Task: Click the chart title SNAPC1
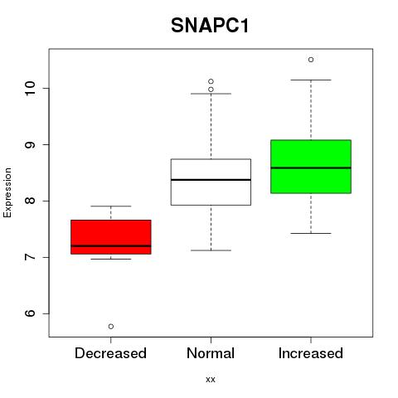pyautogui.click(x=210, y=26)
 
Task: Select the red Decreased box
pyautogui.click(x=111, y=237)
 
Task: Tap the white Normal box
pyautogui.click(x=211, y=182)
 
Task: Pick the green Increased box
pyautogui.click(x=311, y=167)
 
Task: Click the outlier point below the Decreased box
pyautogui.click(x=111, y=327)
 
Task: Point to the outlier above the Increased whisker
pyautogui.click(x=311, y=60)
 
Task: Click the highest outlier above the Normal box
pyautogui.click(x=211, y=81)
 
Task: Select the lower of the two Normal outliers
pyautogui.click(x=211, y=90)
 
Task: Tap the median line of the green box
pyautogui.click(x=311, y=167)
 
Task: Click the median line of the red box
pyautogui.click(x=111, y=245)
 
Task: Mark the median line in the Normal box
pyautogui.click(x=211, y=180)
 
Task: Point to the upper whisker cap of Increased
pyautogui.click(x=311, y=80)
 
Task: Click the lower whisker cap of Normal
pyautogui.click(x=211, y=250)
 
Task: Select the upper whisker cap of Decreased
pyautogui.click(x=111, y=206)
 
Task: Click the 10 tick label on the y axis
pyautogui.click(x=30, y=88)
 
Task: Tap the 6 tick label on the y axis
pyautogui.click(x=30, y=313)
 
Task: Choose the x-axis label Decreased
pyautogui.click(x=110, y=353)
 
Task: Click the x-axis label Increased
pyautogui.click(x=311, y=353)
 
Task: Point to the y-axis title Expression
pyautogui.click(x=7, y=192)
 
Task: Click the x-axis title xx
pyautogui.click(x=211, y=380)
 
